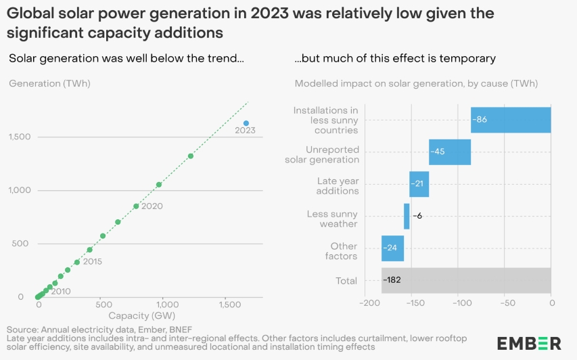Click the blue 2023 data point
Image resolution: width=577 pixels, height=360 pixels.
click(246, 123)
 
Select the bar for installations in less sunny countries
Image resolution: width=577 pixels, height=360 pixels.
click(511, 119)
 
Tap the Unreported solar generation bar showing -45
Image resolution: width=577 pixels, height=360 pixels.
click(450, 152)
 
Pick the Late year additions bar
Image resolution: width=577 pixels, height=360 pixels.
click(419, 184)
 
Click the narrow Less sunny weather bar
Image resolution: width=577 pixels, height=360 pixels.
click(407, 217)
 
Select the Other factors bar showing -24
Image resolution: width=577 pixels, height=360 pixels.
click(392, 248)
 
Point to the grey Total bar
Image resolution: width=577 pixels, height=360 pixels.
click(466, 279)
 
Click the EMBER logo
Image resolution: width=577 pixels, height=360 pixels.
click(528, 342)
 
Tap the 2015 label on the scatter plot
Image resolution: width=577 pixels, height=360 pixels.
click(92, 261)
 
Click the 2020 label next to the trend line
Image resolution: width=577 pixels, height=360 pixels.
click(152, 206)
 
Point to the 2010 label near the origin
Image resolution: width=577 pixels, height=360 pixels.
click(61, 292)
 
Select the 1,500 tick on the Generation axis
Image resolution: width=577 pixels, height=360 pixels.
click(20, 137)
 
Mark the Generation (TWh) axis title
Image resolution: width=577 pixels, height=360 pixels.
click(49, 83)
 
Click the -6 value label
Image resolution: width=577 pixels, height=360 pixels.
click(417, 217)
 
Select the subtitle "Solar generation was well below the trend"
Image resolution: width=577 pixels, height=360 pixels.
click(126, 58)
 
